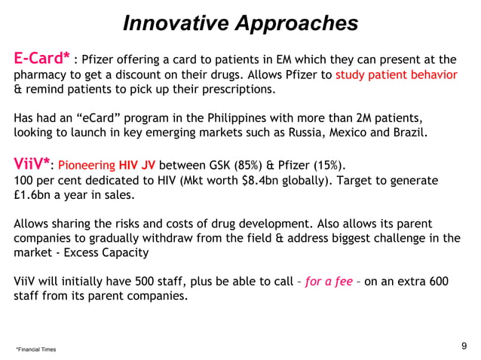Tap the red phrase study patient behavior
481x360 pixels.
pos(396,75)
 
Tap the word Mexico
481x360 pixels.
pos(342,135)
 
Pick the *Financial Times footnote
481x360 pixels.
pos(35,349)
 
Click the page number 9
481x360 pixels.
pos(463,346)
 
